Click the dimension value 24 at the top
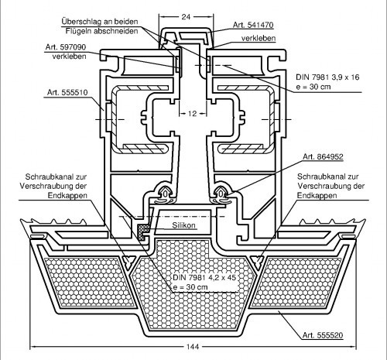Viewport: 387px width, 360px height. click(186, 17)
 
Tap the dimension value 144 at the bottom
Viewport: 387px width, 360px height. click(193, 347)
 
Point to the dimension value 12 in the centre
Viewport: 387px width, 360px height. click(192, 113)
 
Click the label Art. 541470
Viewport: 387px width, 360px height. click(253, 25)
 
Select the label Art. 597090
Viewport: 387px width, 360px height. click(66, 47)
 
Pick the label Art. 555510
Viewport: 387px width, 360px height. click(67, 92)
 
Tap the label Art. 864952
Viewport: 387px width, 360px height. click(323, 156)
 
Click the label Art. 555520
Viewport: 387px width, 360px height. click(323, 335)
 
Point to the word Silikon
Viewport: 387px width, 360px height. click(183, 225)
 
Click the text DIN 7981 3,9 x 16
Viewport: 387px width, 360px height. click(327, 77)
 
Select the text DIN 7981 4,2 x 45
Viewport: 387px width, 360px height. click(204, 278)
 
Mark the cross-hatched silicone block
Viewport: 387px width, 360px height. click(142, 231)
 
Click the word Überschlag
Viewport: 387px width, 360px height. click(80, 22)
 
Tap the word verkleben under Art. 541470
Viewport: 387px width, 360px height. click(259, 38)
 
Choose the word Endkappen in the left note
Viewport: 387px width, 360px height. click(67, 195)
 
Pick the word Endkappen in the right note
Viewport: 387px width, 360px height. click(317, 195)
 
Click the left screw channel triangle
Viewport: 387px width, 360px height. click(128, 259)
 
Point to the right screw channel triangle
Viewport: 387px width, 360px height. click(257, 259)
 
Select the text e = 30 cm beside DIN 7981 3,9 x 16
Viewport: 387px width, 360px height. click(313, 87)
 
